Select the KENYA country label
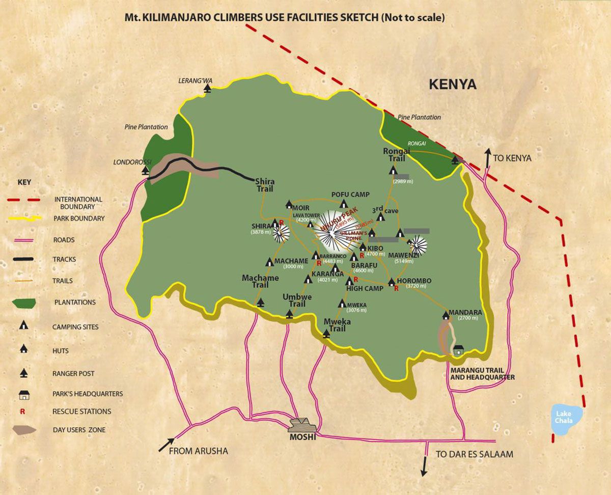pos(452,84)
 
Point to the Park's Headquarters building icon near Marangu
pos(458,350)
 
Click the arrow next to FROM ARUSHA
pos(166,445)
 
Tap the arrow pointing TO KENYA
pos(488,157)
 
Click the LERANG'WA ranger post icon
pos(207,89)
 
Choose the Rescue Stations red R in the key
pos(22,411)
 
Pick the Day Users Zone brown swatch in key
pos(24,430)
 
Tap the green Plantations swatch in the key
pos(24,302)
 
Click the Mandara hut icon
pos(446,315)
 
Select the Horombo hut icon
pos(392,282)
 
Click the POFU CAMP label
pos(350,195)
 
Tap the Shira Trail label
pos(264,185)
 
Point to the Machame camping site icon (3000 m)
pos(269,262)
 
